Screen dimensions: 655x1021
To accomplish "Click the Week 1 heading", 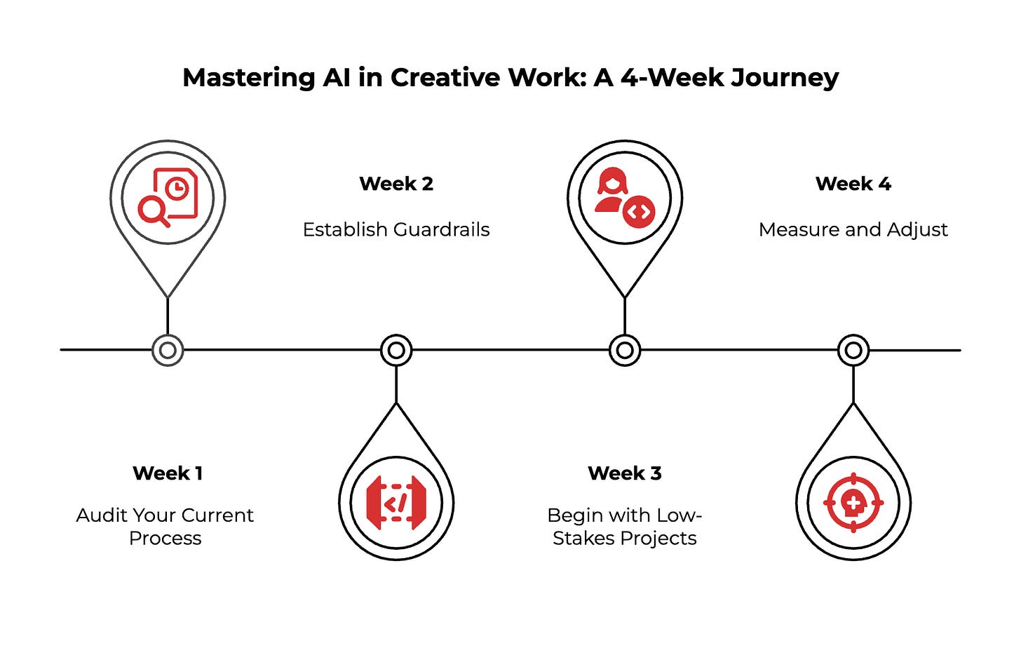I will (x=168, y=473).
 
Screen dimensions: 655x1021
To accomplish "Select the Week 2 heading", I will (x=396, y=184).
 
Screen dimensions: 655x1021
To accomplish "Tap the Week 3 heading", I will (x=625, y=473).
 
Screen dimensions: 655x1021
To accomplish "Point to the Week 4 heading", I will (x=853, y=184).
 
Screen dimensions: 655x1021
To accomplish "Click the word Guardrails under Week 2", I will (x=441, y=230).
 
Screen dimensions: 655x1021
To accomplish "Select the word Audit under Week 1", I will (x=99, y=515).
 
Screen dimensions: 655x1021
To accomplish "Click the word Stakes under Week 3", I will (x=579, y=539).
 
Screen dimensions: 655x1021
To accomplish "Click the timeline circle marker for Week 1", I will (x=168, y=350).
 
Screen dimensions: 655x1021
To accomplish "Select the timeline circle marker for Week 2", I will (x=396, y=350).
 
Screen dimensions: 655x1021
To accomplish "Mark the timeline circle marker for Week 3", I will (x=625, y=350).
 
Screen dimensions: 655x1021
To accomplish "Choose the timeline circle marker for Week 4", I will (x=853, y=350).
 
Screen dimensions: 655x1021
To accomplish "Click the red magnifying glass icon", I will (x=154, y=211).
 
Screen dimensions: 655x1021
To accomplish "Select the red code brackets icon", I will (x=396, y=502).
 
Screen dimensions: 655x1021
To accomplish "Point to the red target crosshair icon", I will (x=853, y=502).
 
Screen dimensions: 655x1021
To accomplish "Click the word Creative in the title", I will (x=443, y=78).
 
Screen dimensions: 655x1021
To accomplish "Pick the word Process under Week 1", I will (x=165, y=539).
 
